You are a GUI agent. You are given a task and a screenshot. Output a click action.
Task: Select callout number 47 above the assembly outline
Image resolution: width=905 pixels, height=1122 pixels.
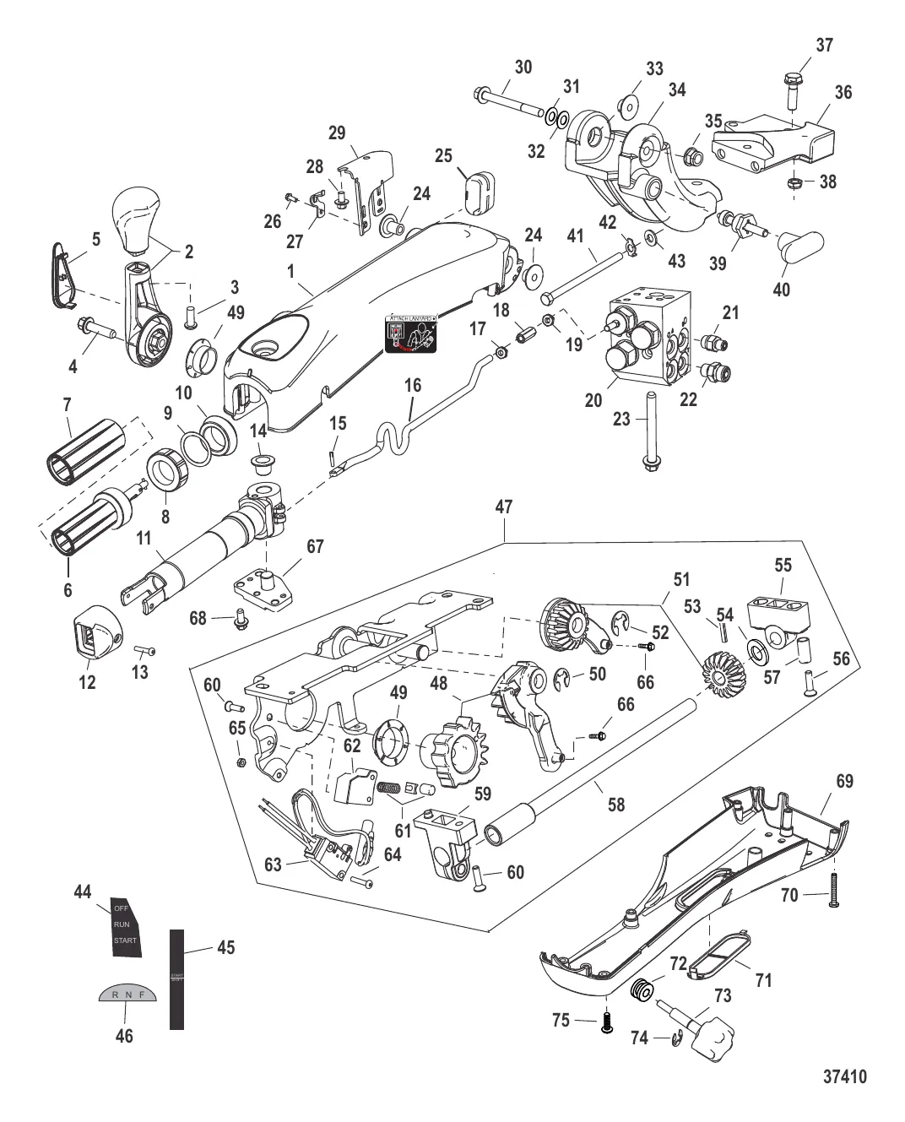[503, 507]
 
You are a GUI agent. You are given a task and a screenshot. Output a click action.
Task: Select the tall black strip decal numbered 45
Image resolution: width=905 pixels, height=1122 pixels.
[176, 978]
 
